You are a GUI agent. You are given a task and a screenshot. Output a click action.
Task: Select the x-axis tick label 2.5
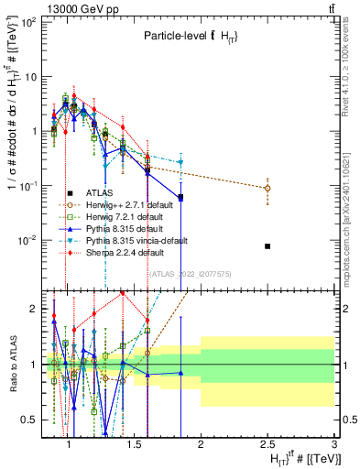267,444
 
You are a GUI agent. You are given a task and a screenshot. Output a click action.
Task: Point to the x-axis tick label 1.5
134,444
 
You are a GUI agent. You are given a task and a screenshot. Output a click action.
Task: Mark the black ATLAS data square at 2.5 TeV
267,245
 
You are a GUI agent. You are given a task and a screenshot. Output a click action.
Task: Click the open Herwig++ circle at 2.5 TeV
267,188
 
